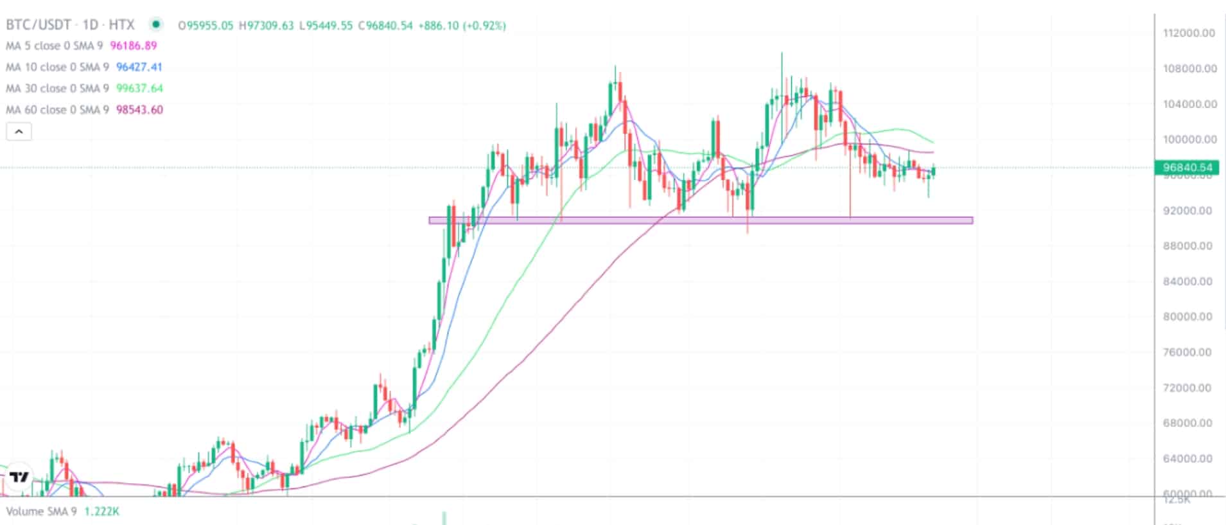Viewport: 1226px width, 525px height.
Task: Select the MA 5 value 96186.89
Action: (134, 46)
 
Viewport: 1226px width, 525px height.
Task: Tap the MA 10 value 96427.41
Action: (139, 67)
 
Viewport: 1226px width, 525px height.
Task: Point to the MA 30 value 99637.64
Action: (139, 88)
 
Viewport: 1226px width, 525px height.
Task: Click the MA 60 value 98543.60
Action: (139, 110)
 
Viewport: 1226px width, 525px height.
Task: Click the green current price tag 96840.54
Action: (1187, 168)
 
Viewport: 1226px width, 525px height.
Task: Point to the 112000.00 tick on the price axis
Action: (1189, 33)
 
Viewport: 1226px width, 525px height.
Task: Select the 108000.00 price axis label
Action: (1189, 69)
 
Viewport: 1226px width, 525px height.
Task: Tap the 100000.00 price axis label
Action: (1189, 139)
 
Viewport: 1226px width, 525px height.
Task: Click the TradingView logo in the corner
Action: (19, 476)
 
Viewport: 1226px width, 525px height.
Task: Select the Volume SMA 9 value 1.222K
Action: (102, 512)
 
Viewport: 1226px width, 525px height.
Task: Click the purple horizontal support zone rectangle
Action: (700, 220)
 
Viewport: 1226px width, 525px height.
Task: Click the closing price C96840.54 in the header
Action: (385, 26)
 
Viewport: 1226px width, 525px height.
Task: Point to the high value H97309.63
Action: (266, 26)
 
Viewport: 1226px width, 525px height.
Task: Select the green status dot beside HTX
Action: (155, 25)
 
